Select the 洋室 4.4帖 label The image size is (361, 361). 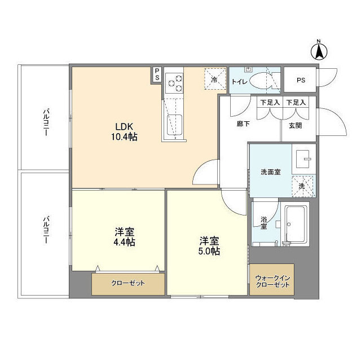click(x=125, y=237)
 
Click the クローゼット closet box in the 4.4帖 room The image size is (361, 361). click(x=128, y=283)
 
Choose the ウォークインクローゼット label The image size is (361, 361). click(x=272, y=281)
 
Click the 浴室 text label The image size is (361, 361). click(x=263, y=223)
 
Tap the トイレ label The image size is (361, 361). click(x=239, y=82)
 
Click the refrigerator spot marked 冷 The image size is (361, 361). click(x=214, y=80)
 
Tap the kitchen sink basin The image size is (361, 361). click(x=174, y=123)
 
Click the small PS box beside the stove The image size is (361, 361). click(x=157, y=74)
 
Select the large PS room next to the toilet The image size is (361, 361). click(x=301, y=80)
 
